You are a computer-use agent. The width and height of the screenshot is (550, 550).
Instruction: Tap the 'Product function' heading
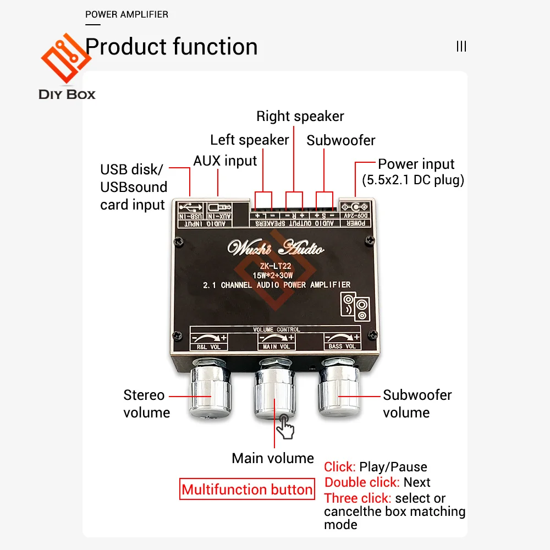(172, 47)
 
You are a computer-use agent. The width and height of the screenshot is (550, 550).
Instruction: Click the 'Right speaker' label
(300, 116)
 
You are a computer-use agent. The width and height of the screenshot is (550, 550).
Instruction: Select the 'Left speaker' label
(249, 140)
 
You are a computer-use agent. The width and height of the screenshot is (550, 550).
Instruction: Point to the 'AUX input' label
(225, 161)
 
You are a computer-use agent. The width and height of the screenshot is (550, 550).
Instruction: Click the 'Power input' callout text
(416, 164)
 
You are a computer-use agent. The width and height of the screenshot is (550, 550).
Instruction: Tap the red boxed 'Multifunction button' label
(248, 490)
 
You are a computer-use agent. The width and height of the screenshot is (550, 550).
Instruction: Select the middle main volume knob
(273, 392)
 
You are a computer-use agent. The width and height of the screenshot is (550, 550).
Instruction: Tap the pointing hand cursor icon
(285, 427)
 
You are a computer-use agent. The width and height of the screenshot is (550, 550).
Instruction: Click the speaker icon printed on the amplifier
(356, 306)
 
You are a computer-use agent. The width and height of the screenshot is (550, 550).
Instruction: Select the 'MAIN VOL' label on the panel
(277, 346)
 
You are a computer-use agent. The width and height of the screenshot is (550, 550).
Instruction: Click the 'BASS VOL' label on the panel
(342, 346)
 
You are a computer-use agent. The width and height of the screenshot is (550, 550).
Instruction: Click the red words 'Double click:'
(361, 482)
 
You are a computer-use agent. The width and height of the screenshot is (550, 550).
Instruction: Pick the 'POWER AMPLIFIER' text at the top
(127, 14)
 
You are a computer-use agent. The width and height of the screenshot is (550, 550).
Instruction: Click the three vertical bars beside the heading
(461, 47)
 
